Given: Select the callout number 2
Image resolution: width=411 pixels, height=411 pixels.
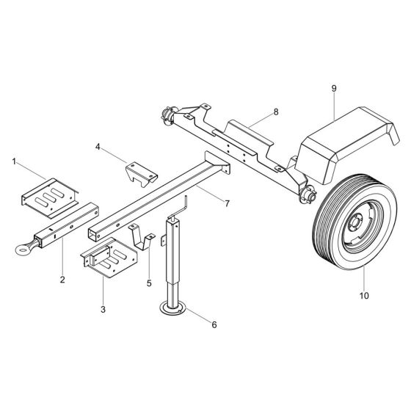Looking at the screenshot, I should coord(63,279).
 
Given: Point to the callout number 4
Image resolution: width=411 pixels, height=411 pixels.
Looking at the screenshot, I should coord(97,146).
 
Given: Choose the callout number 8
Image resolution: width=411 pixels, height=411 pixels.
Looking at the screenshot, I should coord(276,112).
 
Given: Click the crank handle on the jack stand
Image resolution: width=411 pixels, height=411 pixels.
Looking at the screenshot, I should coord(184,205).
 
